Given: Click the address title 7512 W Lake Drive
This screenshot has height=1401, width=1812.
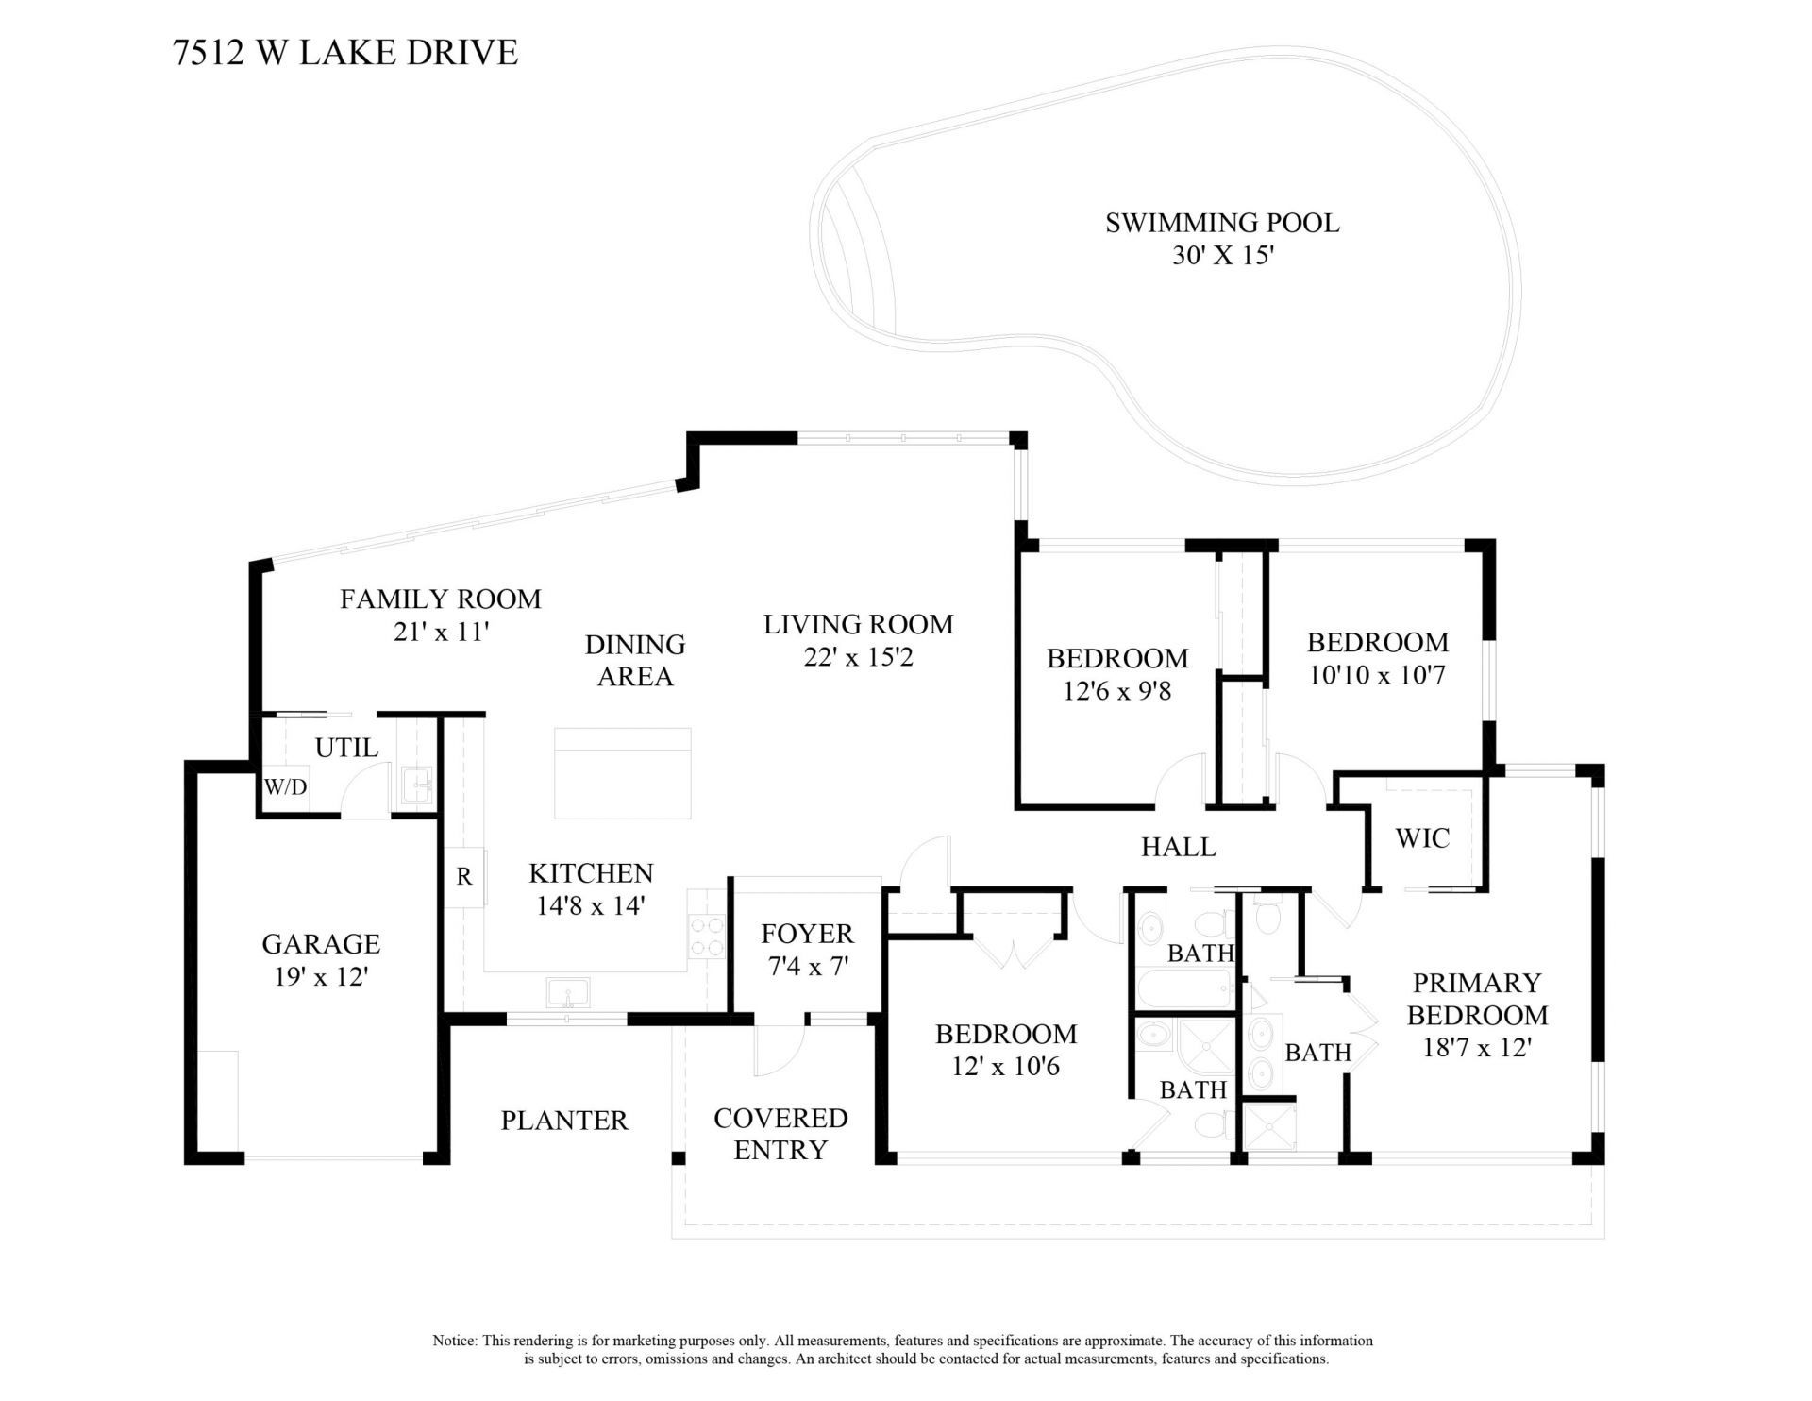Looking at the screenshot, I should [345, 53].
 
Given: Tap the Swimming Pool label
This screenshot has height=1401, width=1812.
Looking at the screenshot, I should [1222, 224].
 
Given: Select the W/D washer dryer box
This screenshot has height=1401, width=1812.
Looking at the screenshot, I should [285, 786].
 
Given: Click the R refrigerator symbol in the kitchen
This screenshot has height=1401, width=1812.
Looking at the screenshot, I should [464, 877].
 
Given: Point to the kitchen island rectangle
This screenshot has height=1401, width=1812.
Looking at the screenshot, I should [622, 773].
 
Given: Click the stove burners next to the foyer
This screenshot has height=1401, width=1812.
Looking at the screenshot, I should [707, 936].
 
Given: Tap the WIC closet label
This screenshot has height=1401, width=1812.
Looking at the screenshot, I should [1422, 838].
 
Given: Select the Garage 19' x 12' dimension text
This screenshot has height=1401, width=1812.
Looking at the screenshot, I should [320, 976].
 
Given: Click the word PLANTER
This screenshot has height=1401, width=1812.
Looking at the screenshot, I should [563, 1121].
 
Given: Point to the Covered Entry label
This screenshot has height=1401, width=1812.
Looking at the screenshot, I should [780, 1134].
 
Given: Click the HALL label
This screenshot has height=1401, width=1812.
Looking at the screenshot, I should [1179, 847].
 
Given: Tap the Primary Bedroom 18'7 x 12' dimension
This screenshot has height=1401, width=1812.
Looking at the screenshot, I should [1476, 1048].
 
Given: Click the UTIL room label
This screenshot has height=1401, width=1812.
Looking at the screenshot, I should [346, 748].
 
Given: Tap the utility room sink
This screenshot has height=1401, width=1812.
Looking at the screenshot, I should [416, 785].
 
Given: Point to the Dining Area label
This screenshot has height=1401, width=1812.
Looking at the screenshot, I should [634, 660].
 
